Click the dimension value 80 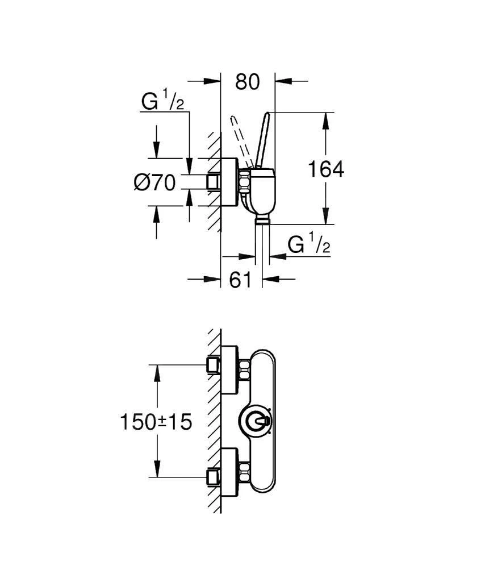coord(247,81)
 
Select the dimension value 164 coord(325,169)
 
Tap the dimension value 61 coord(240,279)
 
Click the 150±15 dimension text coord(156,422)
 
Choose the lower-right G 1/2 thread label coord(309,245)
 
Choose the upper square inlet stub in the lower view coord(214,364)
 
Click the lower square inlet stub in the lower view coord(214,476)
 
